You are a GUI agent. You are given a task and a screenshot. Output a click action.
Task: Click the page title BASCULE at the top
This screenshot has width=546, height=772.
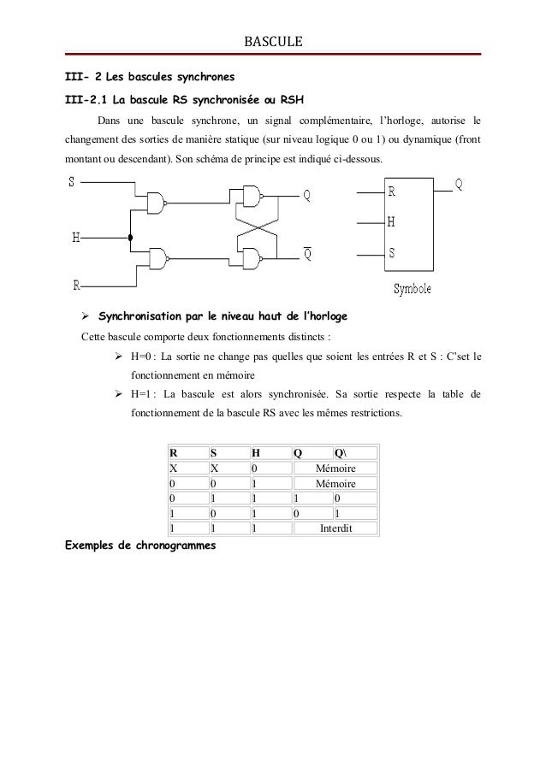tap(273, 40)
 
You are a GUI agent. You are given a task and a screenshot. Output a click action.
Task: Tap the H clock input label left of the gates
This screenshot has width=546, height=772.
tap(75, 239)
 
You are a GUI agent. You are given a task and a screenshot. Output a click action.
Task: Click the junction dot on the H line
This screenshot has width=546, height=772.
tap(130, 239)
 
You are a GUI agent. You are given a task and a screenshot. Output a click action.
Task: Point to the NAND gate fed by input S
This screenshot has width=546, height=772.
tap(156, 203)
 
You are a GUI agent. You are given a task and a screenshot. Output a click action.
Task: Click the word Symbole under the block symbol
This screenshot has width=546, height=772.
tap(412, 288)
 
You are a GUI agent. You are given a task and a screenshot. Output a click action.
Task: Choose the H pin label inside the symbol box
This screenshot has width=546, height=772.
tap(392, 222)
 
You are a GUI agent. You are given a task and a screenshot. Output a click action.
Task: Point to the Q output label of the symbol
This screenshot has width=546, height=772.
tap(460, 184)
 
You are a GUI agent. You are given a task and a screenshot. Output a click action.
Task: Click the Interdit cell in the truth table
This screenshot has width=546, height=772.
tap(335, 527)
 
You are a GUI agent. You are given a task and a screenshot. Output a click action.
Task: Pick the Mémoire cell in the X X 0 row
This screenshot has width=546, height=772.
tap(335, 469)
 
